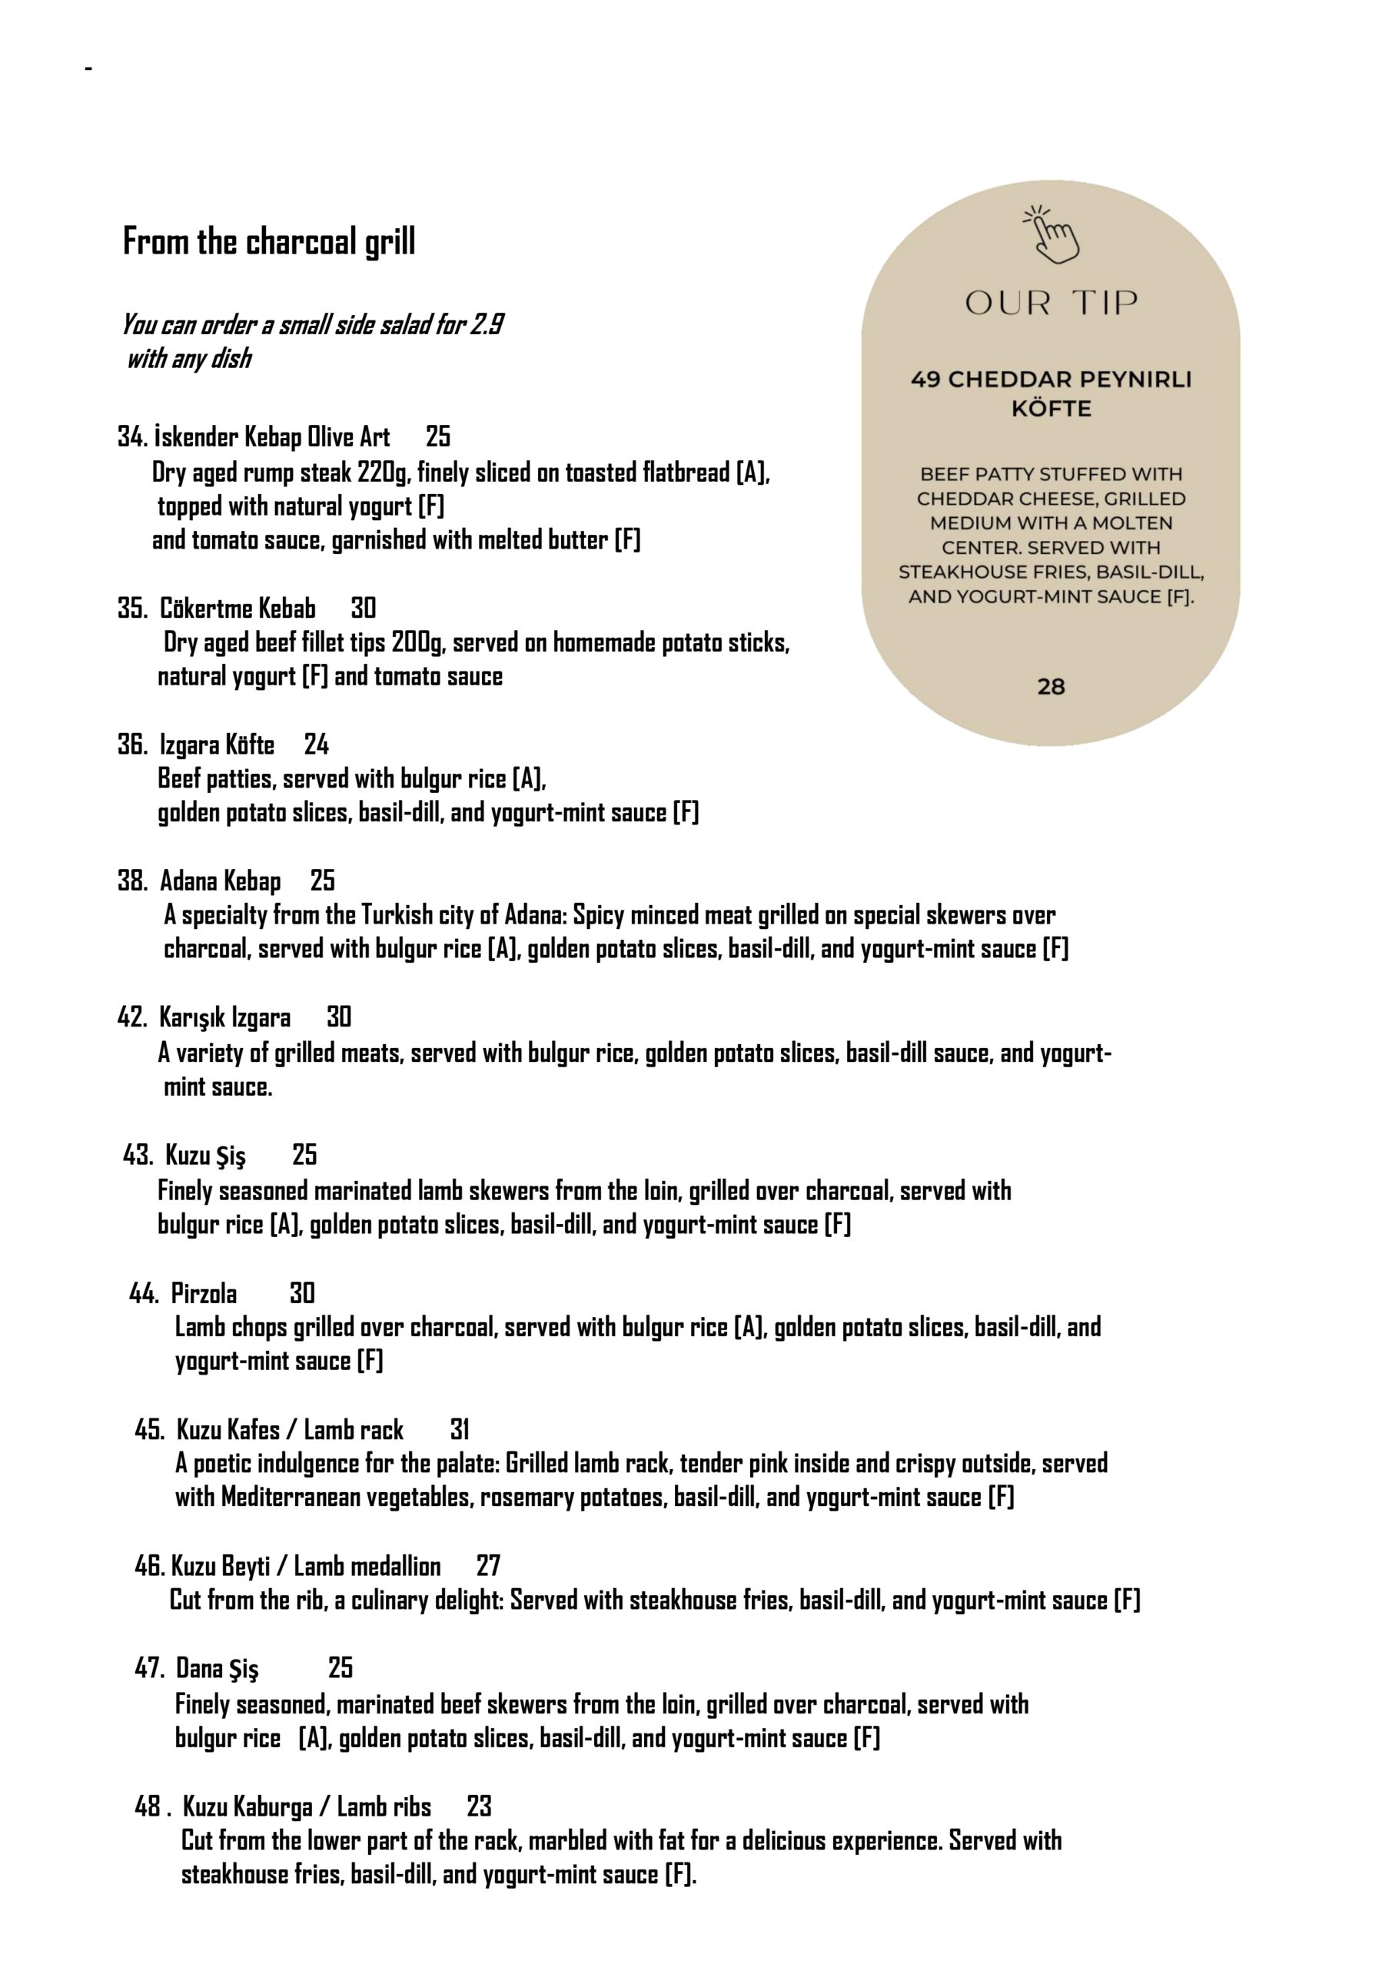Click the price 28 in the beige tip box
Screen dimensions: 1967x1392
pyautogui.click(x=1051, y=686)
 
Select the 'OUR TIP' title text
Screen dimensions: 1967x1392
pyautogui.click(x=1051, y=303)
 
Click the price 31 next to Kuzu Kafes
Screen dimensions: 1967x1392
pyautogui.click(x=460, y=1430)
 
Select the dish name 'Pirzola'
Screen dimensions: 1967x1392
pyautogui.click(x=204, y=1293)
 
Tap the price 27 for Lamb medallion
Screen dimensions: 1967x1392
pyautogui.click(x=488, y=1566)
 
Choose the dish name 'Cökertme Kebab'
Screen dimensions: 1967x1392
pyautogui.click(x=238, y=609)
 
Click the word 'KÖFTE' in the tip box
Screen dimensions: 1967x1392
pyautogui.click(x=1051, y=409)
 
